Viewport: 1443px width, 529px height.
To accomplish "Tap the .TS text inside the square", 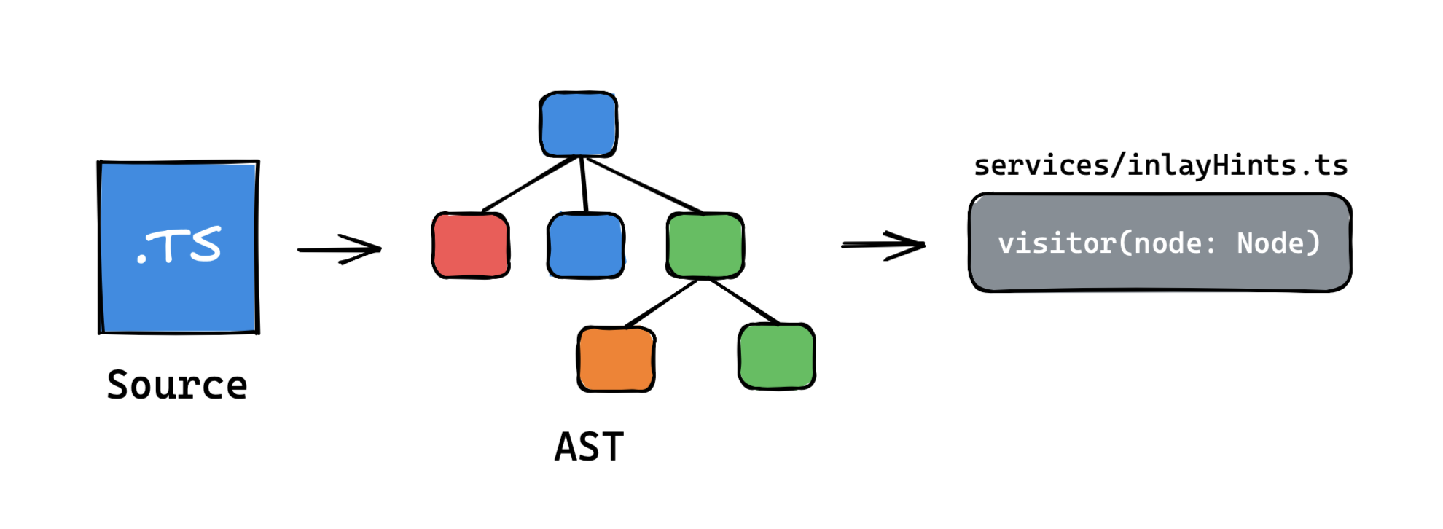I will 179,245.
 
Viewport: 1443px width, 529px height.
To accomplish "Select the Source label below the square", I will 177,385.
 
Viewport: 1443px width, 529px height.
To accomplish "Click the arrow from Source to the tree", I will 339,249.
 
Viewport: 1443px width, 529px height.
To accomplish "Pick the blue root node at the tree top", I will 578,125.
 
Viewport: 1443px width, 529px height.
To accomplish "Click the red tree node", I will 471,246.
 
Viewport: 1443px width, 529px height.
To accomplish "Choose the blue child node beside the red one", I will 586,246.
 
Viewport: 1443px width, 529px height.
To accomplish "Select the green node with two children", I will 705,246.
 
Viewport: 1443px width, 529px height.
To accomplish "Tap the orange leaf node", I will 617,359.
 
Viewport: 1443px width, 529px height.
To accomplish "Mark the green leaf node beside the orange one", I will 777,356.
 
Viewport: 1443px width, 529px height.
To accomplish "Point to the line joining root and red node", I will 530,184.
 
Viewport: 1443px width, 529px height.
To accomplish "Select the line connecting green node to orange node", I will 660,303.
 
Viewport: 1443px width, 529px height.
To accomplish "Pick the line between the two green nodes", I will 745,302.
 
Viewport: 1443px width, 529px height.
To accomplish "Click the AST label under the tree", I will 589,447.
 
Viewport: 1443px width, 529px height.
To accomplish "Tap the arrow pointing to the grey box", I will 883,245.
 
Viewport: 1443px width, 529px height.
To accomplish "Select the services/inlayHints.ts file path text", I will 1160,165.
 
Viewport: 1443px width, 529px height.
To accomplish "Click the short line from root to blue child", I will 584,184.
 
